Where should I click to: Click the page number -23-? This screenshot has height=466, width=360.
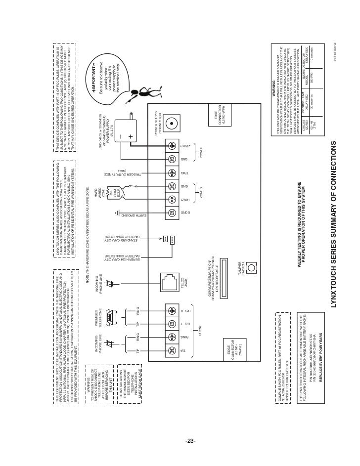pyautogui.click(x=191, y=441)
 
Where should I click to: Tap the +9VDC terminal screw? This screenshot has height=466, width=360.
pyautogui.click(x=172, y=146)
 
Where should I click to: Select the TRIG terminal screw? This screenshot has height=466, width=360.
pyautogui.click(x=172, y=173)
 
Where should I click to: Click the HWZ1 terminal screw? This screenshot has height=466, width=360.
pyautogui.click(x=172, y=200)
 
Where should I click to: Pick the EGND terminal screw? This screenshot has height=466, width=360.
pyautogui.click(x=172, y=213)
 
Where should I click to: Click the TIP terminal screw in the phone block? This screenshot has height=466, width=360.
pyautogui.click(x=172, y=350)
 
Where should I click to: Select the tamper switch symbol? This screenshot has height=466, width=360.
pyautogui.click(x=252, y=268)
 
